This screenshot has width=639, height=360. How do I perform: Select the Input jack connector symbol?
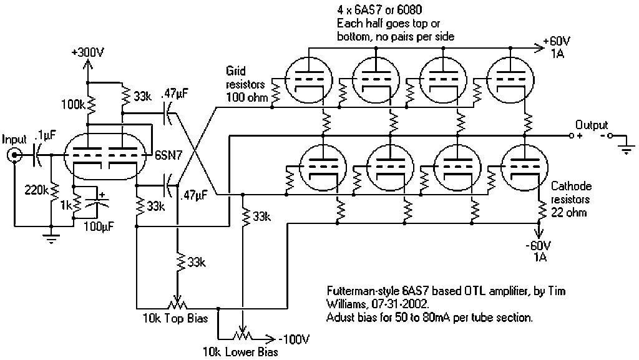[13, 157]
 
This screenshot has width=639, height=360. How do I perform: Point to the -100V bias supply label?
[293, 339]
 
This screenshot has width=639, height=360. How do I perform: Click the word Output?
[591, 125]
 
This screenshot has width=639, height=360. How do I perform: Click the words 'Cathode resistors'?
[572, 193]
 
